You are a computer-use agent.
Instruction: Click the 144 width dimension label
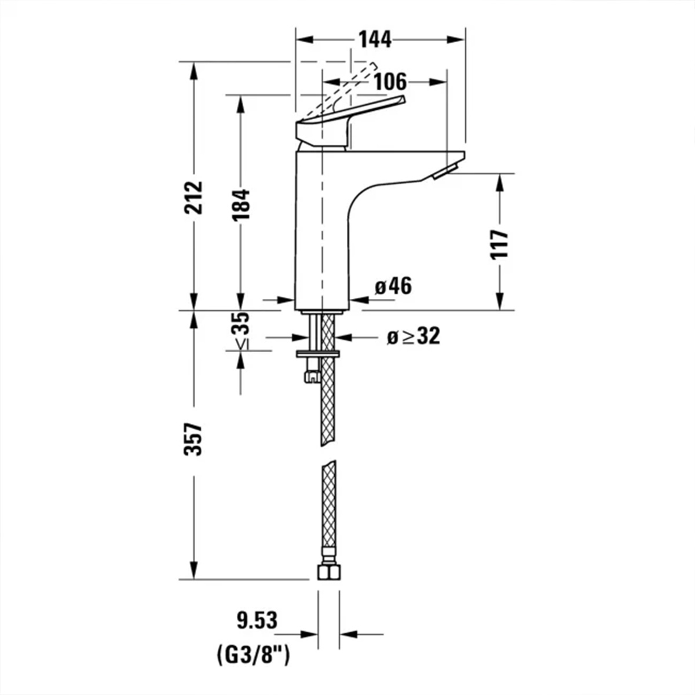[x=375, y=40]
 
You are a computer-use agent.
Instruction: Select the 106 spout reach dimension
[x=390, y=82]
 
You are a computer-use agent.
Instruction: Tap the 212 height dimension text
[x=193, y=197]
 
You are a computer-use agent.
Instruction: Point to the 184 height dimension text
[x=240, y=204]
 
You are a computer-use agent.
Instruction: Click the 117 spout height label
[x=499, y=244]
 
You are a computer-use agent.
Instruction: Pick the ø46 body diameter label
[x=393, y=287]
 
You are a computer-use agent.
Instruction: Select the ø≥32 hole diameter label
[x=414, y=336]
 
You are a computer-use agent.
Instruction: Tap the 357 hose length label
[x=193, y=440]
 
